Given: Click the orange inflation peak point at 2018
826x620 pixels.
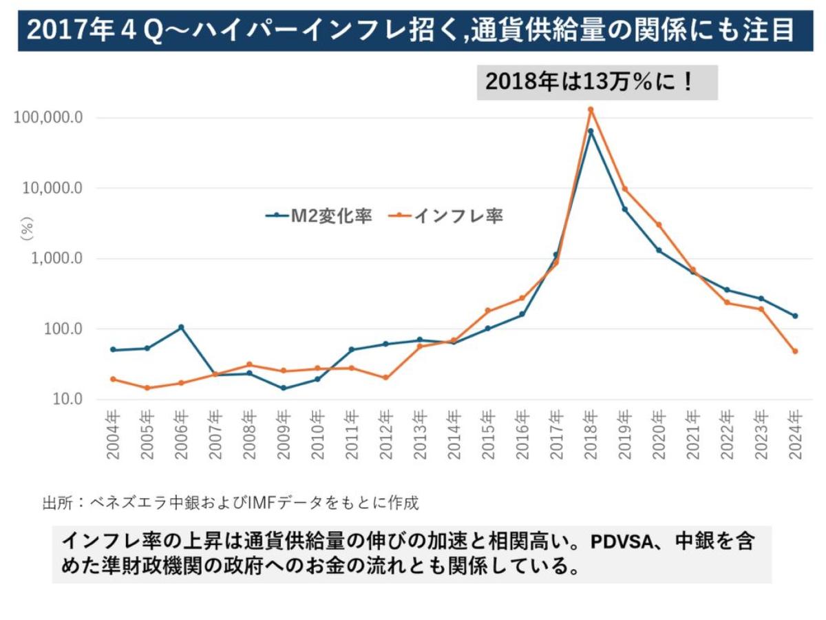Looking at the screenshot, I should pyautogui.click(x=590, y=110).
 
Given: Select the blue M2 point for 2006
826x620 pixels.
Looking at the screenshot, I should pyautogui.click(x=181, y=327).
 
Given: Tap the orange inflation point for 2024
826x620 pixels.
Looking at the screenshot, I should pyautogui.click(x=794, y=351).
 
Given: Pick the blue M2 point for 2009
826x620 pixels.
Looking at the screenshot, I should pyautogui.click(x=283, y=388).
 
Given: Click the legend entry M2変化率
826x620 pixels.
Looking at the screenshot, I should pyautogui.click(x=319, y=216).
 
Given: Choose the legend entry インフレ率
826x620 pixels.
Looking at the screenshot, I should pyautogui.click(x=449, y=216).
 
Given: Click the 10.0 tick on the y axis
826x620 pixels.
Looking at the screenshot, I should pyautogui.click(x=69, y=399).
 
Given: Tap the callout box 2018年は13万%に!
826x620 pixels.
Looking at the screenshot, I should pyautogui.click(x=597, y=83).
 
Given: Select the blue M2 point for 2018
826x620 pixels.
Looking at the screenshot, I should pyautogui.click(x=590, y=131).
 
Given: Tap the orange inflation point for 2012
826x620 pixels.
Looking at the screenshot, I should pyautogui.click(x=385, y=378).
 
